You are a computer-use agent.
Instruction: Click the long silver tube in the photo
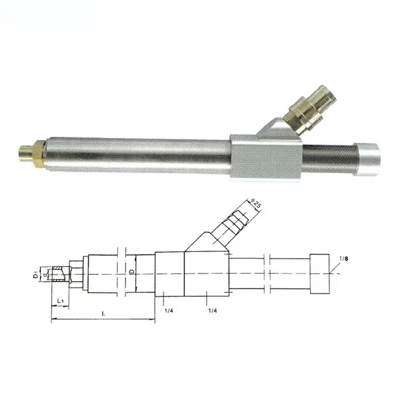(137, 153)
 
